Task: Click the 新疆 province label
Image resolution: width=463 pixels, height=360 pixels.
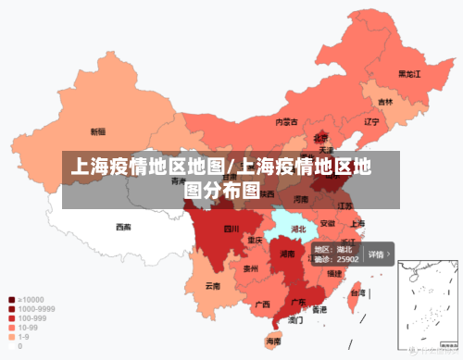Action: tap(97, 131)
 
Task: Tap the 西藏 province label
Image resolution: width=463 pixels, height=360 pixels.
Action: tap(123, 226)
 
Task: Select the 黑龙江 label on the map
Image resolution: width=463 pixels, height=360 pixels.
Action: tap(409, 73)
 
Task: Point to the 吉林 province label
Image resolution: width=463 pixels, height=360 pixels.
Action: tap(384, 102)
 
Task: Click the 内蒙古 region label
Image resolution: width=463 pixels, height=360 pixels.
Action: tap(287, 121)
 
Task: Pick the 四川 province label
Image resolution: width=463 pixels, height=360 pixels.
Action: tap(231, 228)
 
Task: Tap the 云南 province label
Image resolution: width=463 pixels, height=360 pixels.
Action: tap(213, 286)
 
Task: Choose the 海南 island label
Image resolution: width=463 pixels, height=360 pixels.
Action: tap(273, 341)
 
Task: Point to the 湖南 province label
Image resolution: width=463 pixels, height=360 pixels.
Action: tap(288, 253)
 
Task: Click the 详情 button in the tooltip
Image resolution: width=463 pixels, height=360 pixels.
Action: tap(377, 254)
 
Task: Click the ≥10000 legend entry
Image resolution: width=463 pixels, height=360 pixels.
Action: tap(30, 299)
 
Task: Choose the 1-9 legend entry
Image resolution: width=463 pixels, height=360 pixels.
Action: tap(24, 336)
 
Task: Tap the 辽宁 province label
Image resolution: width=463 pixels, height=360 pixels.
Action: tap(371, 121)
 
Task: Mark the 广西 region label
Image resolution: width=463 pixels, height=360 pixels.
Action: tap(262, 304)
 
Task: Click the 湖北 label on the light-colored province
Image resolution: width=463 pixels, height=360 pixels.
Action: tap(298, 228)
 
